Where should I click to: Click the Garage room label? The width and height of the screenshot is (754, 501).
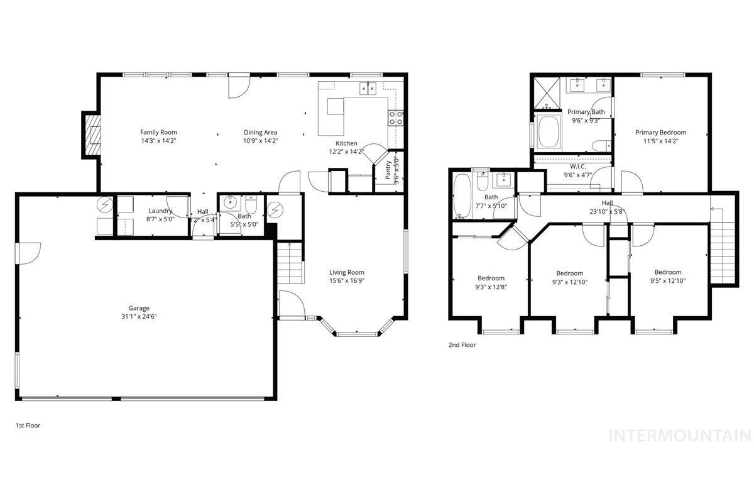click(x=139, y=308)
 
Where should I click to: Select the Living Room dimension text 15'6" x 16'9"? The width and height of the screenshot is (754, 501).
click(x=347, y=280)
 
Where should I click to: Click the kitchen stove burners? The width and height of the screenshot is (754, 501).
click(x=396, y=118)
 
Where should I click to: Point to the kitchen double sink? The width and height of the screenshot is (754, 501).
click(x=368, y=89)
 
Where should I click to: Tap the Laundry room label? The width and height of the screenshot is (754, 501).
click(x=160, y=211)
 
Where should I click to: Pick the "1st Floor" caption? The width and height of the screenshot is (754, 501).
click(x=28, y=426)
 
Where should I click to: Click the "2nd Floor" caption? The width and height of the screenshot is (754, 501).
click(x=462, y=345)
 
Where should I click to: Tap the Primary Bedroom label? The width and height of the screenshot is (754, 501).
click(x=660, y=133)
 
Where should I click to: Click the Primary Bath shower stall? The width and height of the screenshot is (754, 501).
click(x=547, y=92)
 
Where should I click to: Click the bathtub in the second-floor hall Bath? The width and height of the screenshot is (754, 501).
click(x=461, y=195)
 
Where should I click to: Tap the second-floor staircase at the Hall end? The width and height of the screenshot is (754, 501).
click(x=724, y=245)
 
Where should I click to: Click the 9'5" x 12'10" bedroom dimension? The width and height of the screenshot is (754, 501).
click(x=667, y=281)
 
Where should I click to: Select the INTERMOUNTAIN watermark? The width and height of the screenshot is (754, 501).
click(x=680, y=435)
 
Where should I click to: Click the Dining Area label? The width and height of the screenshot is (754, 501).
click(x=261, y=132)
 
